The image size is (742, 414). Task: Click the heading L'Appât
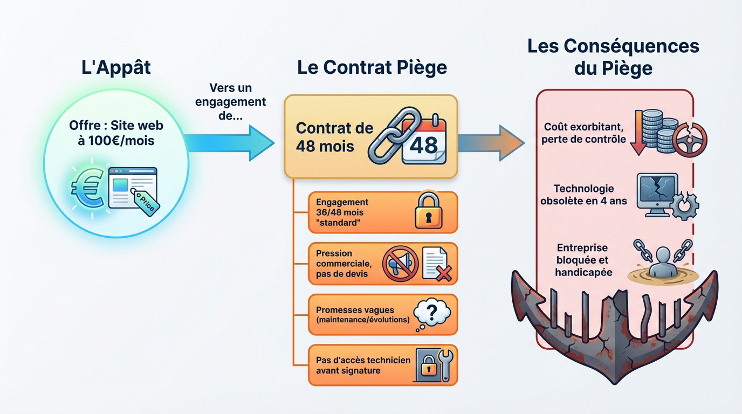[x=116, y=68]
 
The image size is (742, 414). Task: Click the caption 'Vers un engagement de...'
[x=231, y=101]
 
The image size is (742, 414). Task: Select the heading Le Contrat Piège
[x=372, y=68]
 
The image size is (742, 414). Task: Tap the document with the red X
[x=436, y=264]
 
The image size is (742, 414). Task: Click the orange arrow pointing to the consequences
[x=491, y=143]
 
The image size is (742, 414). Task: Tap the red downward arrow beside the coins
[x=638, y=133]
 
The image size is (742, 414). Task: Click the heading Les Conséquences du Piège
[x=613, y=57]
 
